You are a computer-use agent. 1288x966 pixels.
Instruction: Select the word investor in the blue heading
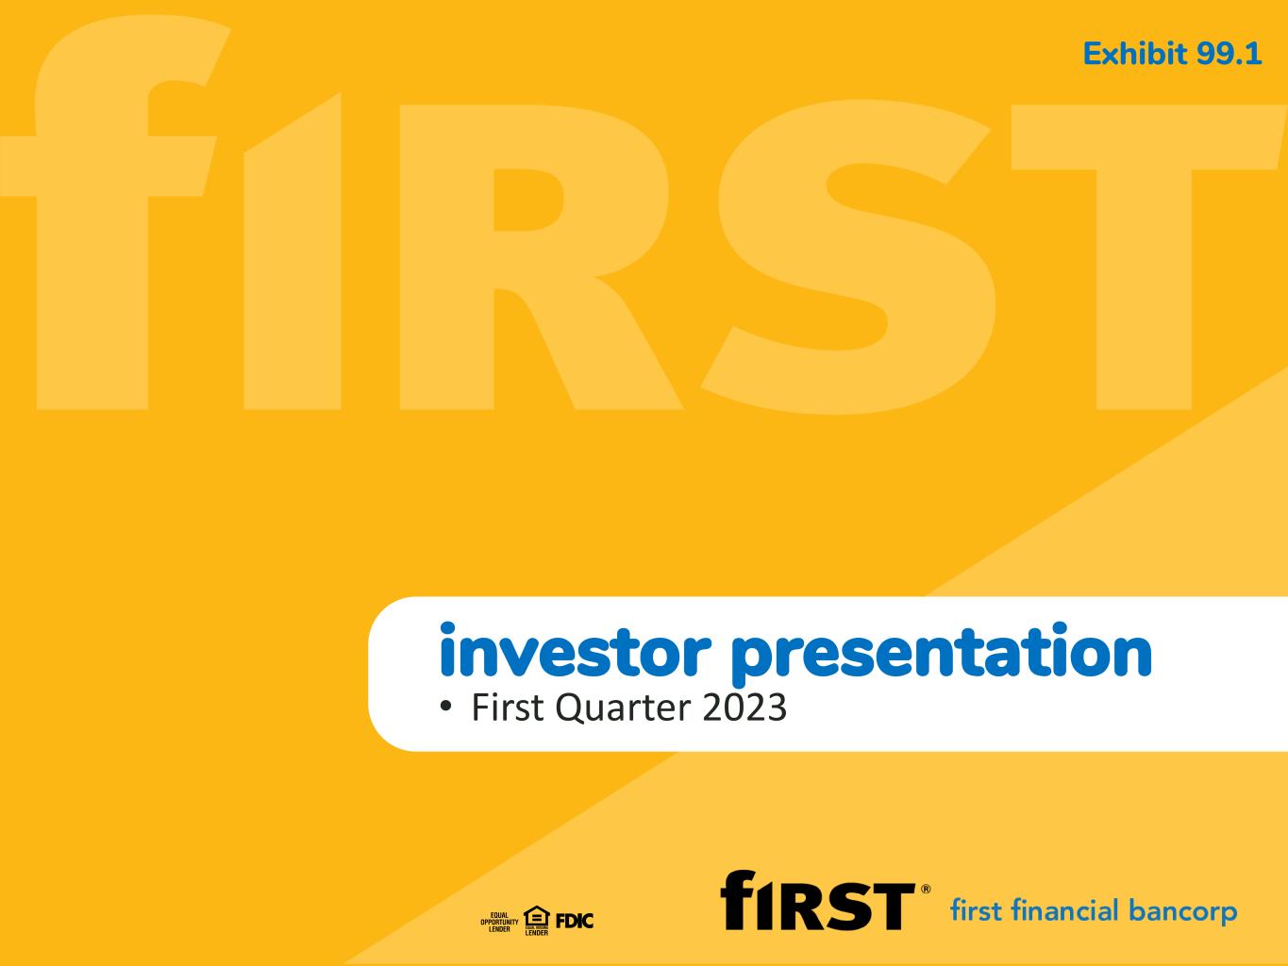tap(575, 650)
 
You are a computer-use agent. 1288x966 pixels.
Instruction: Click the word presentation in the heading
tap(942, 654)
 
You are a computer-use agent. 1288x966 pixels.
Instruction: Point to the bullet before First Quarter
tap(446, 706)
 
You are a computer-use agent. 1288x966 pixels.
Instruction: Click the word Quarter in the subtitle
tap(623, 708)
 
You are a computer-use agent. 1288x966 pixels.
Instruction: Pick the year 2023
tap(744, 707)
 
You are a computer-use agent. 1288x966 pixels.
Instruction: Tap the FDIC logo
tap(575, 921)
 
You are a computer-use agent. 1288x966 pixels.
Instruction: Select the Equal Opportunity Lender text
tap(499, 922)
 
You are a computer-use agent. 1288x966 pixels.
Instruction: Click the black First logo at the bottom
tap(817, 900)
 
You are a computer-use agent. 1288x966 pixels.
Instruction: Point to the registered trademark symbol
tap(926, 890)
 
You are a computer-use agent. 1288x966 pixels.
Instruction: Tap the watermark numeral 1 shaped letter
tap(293, 251)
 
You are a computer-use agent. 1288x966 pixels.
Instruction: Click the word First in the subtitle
tap(509, 707)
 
